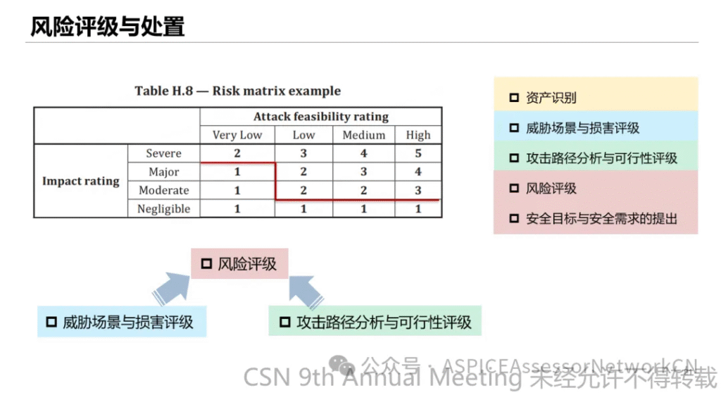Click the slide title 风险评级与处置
108,26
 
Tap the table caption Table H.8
163,91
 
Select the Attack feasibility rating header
321,116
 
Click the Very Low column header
237,134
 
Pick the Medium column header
364,134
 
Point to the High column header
418,134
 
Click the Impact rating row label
81,181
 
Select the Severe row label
163,153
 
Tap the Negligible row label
163,209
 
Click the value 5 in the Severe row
418,153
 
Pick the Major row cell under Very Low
237,172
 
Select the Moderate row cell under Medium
364,190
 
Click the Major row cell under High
418,172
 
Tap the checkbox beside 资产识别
514,97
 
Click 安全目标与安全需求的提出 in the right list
601,218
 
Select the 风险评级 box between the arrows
239,263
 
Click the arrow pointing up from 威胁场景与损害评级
172,288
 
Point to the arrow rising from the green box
306,291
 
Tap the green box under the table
375,321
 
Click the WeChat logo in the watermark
341,365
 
